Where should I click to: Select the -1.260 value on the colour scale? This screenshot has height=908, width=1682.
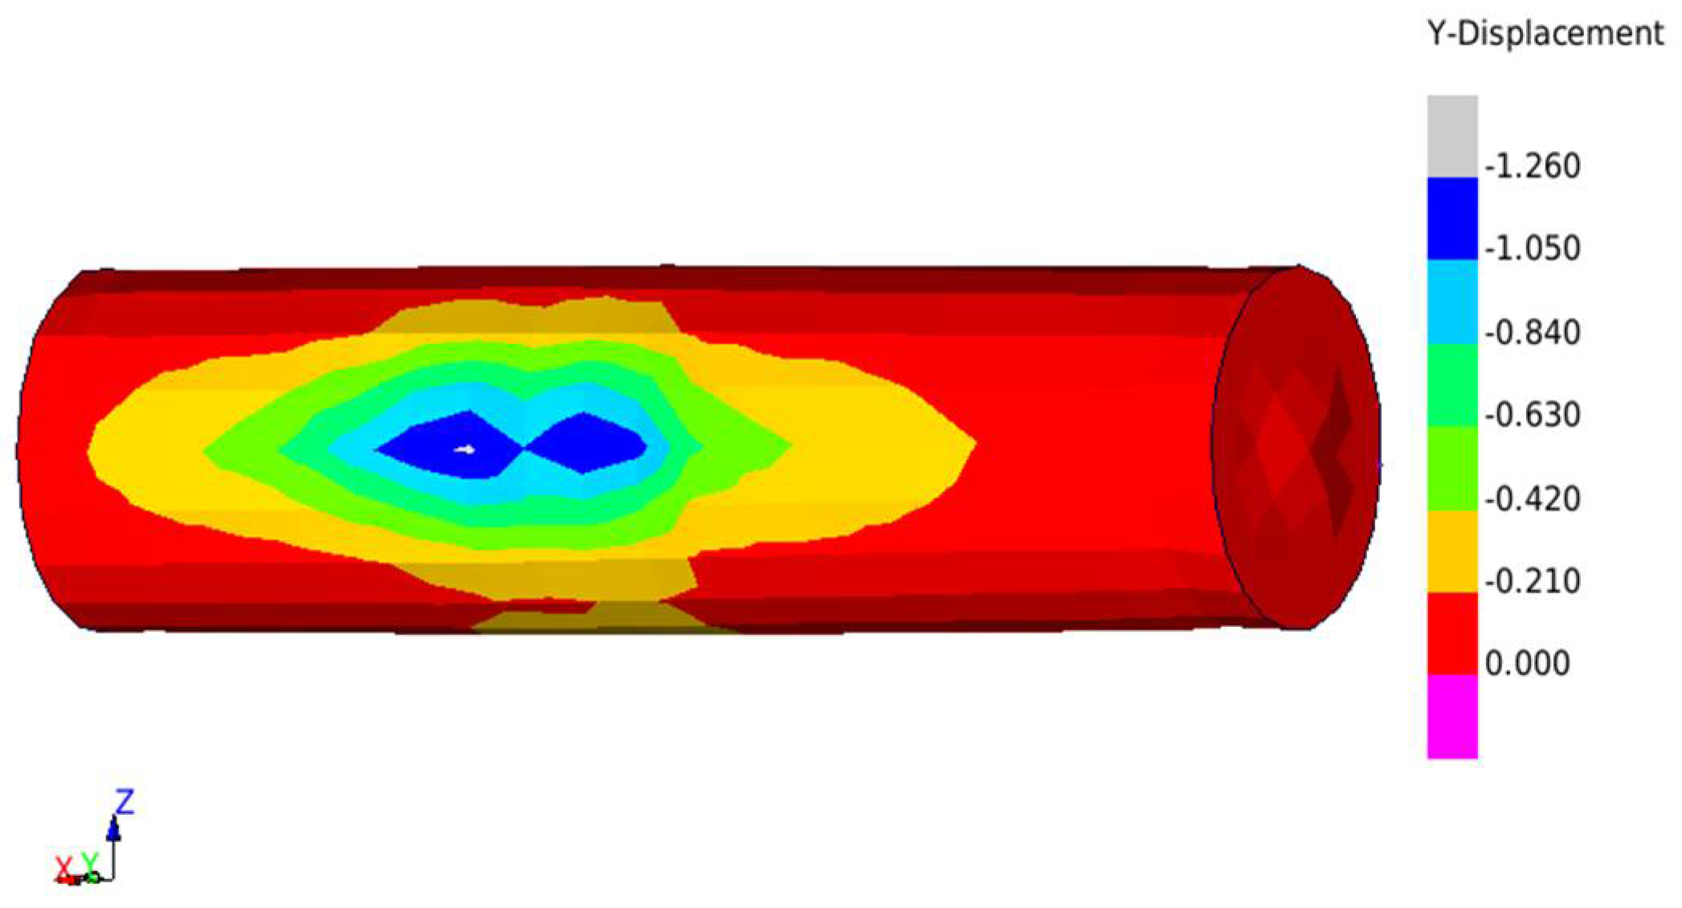1533,166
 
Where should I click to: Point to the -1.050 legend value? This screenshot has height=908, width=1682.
1533,248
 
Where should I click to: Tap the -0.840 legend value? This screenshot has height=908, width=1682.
1533,332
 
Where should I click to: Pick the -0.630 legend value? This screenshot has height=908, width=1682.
1533,415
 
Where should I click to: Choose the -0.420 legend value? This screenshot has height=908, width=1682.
1533,499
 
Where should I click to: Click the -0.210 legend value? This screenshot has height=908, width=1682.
1533,581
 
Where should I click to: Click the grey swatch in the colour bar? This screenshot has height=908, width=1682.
1452,136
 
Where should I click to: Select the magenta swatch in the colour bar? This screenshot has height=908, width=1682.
1452,716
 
